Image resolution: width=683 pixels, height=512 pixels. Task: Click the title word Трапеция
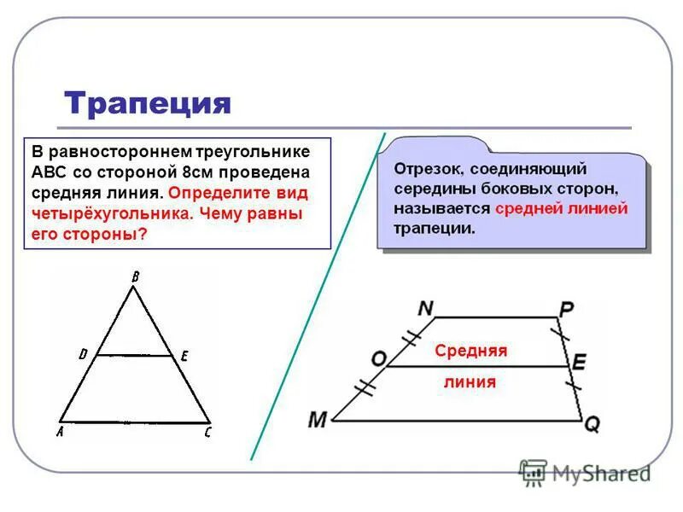[x=148, y=102]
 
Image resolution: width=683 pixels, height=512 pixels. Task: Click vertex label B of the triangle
[x=134, y=275]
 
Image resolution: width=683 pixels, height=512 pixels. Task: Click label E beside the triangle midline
[x=184, y=358]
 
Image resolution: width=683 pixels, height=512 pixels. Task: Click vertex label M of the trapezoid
[x=318, y=420]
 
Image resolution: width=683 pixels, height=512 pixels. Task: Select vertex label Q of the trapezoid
[x=592, y=424]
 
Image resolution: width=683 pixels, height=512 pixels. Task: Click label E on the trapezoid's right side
[x=579, y=363]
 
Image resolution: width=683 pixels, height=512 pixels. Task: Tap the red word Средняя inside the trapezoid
[x=470, y=351]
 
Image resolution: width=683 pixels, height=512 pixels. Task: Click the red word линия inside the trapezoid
[x=470, y=382]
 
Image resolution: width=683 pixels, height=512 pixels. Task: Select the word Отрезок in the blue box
[x=426, y=168]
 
